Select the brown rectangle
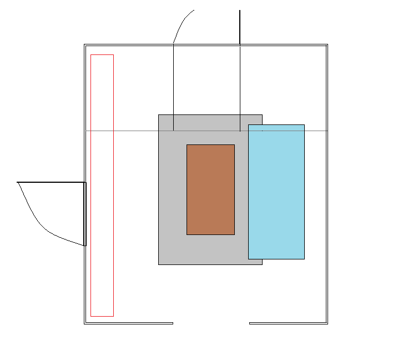pyautogui.click(x=210, y=189)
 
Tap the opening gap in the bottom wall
pyautogui.click(x=211, y=323)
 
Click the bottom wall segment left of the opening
pyautogui.click(x=128, y=323)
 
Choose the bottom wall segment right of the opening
pyautogui.click(x=288, y=323)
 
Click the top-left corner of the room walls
pyautogui.click(x=85, y=45)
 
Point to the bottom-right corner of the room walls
pyautogui.click(x=327, y=323)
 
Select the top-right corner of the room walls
pyautogui.click(x=327, y=45)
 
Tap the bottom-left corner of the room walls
pyautogui.click(x=85, y=323)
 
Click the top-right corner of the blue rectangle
pyautogui.click(x=304, y=125)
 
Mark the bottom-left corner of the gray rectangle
pyautogui.click(x=159, y=264)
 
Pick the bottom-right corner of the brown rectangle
pyautogui.click(x=234, y=234)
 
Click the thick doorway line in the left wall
pyautogui.click(x=85, y=214)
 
